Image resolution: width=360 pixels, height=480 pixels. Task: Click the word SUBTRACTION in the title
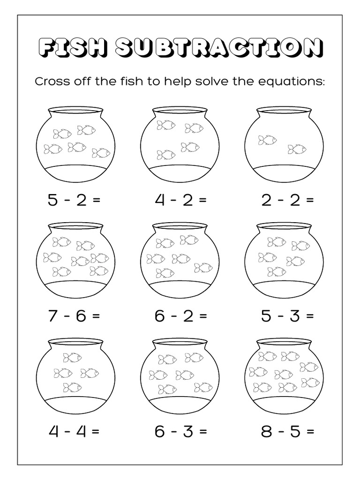[x=219, y=48]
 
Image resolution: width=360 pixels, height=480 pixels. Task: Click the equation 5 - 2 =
[x=74, y=200]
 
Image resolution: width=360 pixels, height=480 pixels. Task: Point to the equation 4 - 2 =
[x=180, y=200]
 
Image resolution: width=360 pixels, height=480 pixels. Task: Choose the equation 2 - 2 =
[x=287, y=200]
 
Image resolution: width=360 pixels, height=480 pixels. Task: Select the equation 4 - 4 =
[x=74, y=431]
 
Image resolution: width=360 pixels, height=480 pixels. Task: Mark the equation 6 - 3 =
[x=180, y=431]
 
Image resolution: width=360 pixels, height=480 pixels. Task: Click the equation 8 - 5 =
[x=287, y=431]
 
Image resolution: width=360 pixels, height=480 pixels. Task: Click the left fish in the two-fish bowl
[x=267, y=139]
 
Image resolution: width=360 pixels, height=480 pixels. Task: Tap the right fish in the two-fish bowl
[x=297, y=149]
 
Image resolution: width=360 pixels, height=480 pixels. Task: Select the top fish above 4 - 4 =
[x=72, y=358]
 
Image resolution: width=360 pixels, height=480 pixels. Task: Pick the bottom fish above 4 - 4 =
[x=72, y=387]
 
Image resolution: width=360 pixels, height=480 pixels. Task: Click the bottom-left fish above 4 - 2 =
[x=166, y=154]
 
